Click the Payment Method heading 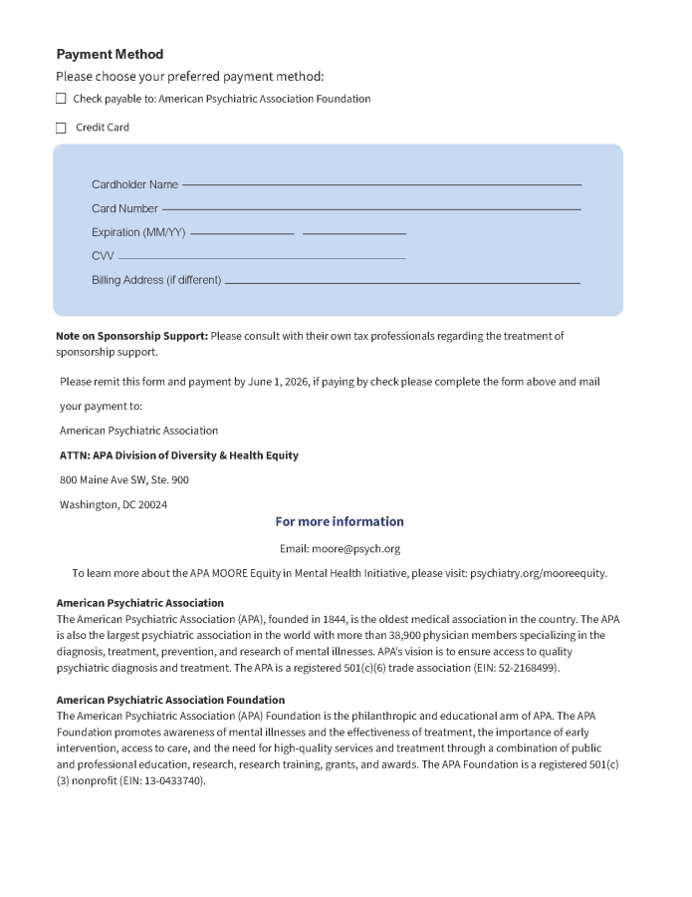[110, 54]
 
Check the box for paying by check [61, 99]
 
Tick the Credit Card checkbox [61, 128]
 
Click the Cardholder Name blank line [381, 184]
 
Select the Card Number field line [371, 208]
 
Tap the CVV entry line [261, 257]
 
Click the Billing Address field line [402, 282]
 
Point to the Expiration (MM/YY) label [138, 232]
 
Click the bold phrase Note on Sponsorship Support [131, 336]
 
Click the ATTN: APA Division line [179, 455]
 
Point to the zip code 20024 [152, 504]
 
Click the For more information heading [340, 521]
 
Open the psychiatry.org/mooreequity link [538, 573]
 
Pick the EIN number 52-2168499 [530, 668]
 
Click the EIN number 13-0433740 [172, 780]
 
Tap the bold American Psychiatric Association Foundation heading [170, 700]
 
